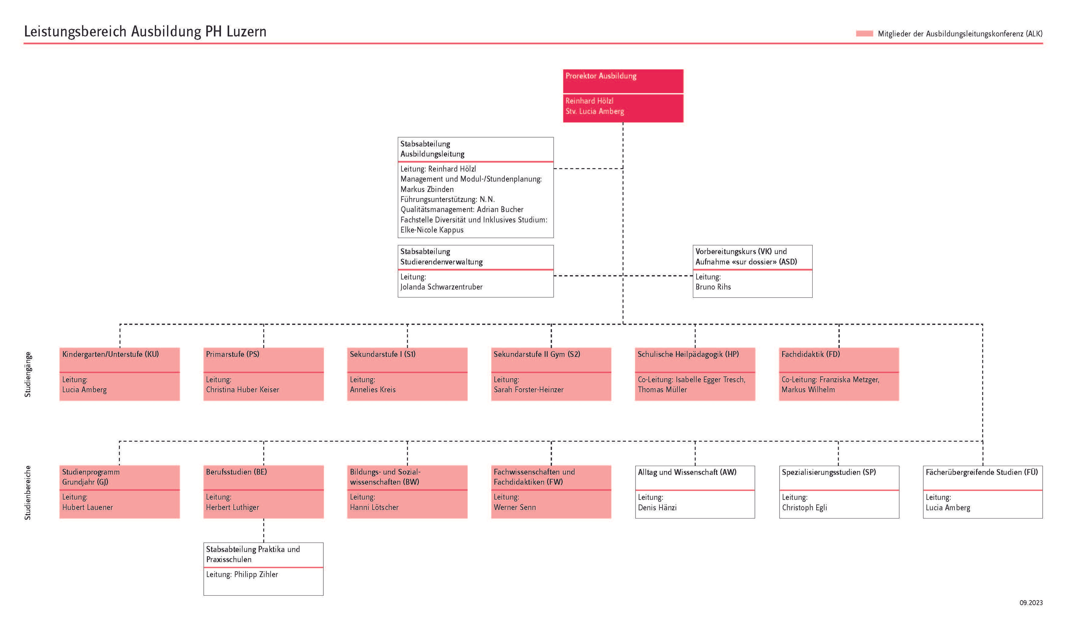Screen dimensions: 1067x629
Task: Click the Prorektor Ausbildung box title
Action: (601, 76)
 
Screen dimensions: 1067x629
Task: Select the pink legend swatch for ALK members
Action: (864, 33)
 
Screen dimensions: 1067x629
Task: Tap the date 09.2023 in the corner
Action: (1031, 603)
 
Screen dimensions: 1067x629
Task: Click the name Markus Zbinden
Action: (427, 189)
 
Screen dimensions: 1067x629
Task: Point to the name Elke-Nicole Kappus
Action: (432, 230)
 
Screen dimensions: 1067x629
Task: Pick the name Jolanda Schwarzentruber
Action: (441, 287)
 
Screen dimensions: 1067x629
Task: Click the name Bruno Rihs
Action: (713, 287)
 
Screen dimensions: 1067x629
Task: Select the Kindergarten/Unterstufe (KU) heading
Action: (110, 354)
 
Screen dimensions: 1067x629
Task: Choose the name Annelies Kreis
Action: (372, 390)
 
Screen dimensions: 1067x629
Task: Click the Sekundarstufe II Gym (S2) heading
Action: (537, 354)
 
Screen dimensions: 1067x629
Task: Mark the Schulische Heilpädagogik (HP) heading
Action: (688, 354)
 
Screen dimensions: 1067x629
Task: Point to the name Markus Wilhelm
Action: (808, 390)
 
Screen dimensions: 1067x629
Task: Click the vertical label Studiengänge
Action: (28, 374)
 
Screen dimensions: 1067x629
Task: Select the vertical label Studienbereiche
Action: (28, 492)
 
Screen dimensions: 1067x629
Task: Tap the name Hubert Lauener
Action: (88, 507)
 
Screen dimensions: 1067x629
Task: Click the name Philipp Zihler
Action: (256, 574)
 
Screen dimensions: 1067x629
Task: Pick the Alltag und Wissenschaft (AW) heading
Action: (687, 472)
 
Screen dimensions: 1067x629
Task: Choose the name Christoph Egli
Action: (805, 508)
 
